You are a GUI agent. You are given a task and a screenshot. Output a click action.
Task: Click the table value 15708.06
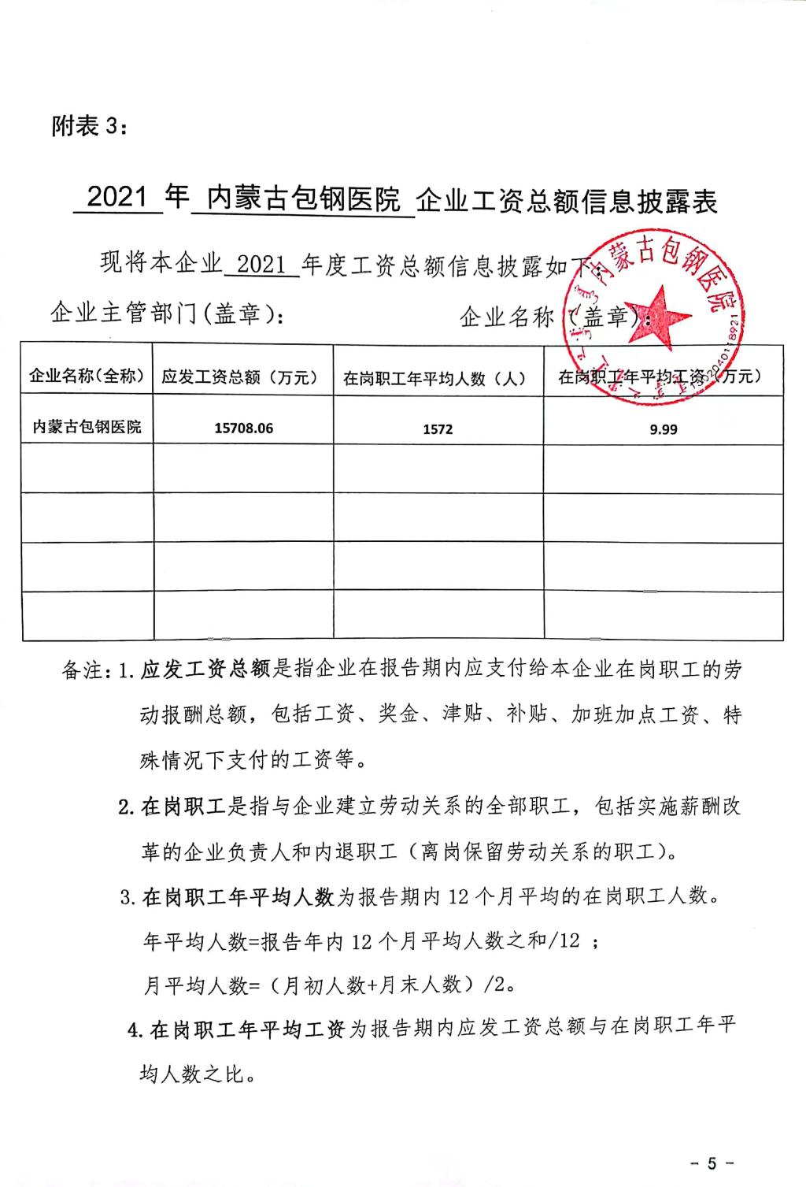[x=243, y=428]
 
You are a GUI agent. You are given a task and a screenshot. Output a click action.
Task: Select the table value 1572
[x=438, y=429]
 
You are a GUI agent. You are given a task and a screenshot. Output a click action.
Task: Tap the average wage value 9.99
[x=663, y=429]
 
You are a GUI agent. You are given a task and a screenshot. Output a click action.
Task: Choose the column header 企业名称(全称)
[x=87, y=376]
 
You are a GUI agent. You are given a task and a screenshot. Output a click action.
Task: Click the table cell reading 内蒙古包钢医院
[x=87, y=427]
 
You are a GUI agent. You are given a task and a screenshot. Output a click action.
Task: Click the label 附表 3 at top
[x=87, y=126]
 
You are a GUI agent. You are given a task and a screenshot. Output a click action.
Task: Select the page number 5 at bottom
[x=712, y=1163]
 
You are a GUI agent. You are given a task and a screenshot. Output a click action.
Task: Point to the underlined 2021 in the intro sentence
[x=261, y=264]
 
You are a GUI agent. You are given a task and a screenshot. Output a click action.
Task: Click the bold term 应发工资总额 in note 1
[x=206, y=671]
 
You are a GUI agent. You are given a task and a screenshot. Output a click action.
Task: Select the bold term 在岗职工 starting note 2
[x=184, y=807]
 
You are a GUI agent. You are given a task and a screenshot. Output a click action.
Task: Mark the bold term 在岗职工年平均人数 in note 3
[x=238, y=896]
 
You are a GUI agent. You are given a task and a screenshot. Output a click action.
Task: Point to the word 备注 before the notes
[x=82, y=671]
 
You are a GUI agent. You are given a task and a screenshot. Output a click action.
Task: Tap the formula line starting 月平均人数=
[x=331, y=985]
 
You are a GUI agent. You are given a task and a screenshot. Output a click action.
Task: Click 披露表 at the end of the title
[x=678, y=202]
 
